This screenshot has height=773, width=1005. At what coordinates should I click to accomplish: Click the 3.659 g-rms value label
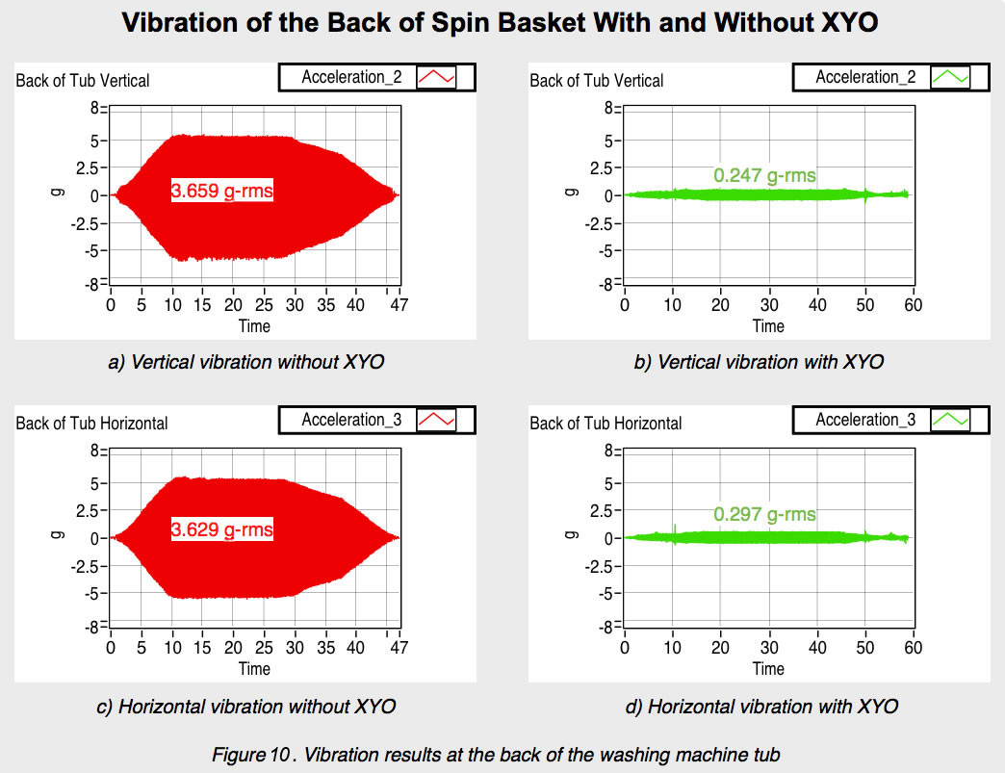tap(222, 192)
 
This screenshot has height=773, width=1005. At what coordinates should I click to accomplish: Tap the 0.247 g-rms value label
tap(764, 175)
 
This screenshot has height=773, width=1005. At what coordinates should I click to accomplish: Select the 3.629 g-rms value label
tap(222, 529)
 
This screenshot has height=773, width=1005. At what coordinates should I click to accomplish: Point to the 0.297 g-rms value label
tap(764, 514)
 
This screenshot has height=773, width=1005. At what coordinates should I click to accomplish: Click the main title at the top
tap(501, 24)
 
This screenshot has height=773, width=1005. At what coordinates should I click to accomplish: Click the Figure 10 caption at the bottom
tap(496, 755)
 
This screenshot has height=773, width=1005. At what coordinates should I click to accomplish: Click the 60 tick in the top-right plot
tap(913, 305)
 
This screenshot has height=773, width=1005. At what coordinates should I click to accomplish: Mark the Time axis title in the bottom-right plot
tap(768, 668)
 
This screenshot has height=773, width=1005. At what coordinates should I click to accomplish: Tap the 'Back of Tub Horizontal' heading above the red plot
tap(91, 423)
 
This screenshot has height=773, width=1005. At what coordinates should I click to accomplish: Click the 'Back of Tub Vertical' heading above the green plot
tap(596, 80)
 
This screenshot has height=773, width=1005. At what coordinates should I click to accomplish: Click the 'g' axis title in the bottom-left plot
tap(57, 538)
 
